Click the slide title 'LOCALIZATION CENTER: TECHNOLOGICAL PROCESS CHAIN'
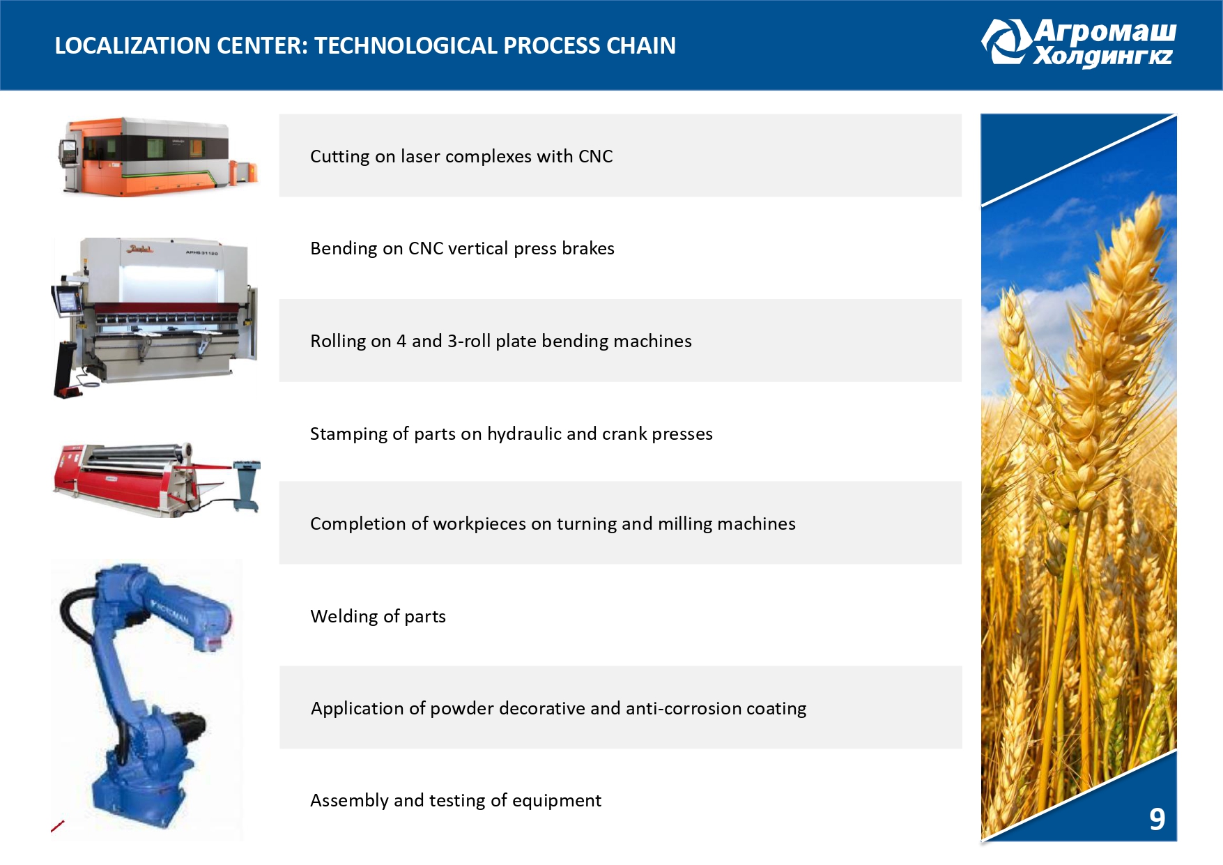click(x=365, y=45)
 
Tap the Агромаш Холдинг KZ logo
click(x=1079, y=43)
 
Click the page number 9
click(x=1157, y=819)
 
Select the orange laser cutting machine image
click(x=158, y=156)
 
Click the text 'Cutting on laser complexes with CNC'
click(x=461, y=156)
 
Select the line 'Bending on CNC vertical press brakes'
click(x=462, y=248)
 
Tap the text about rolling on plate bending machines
click(x=501, y=341)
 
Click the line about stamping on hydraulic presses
click(x=511, y=434)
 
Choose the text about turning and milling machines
click(x=553, y=523)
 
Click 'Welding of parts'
click(x=378, y=616)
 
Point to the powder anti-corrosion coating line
click(x=558, y=708)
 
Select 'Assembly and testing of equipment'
click(x=456, y=800)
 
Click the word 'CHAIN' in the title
click(x=641, y=45)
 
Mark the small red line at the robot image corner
click(x=58, y=826)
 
